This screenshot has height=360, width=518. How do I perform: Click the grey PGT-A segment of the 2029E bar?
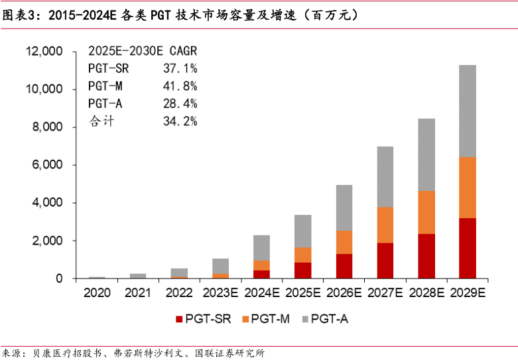pyautogui.click(x=468, y=111)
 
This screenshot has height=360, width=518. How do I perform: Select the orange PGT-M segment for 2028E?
pyautogui.click(x=426, y=212)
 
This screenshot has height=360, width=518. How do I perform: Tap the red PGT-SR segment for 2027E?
pyautogui.click(x=385, y=261)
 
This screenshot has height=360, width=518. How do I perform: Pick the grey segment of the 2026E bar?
pyautogui.click(x=344, y=208)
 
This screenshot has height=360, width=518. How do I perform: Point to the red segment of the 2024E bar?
pyautogui.click(x=261, y=274)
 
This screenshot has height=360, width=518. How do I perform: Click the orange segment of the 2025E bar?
pyautogui.click(x=302, y=255)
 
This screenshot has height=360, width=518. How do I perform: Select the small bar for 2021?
pyautogui.click(x=138, y=276)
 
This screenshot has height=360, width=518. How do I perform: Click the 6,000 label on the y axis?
pyautogui.click(x=46, y=165)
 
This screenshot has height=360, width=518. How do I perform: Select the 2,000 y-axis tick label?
pyautogui.click(x=46, y=241)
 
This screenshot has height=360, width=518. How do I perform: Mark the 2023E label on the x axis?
pyautogui.click(x=220, y=292)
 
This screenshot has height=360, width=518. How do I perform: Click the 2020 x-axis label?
pyautogui.click(x=97, y=292)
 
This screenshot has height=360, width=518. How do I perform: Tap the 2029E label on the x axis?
pyautogui.click(x=468, y=292)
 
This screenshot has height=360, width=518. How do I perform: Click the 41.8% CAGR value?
pyautogui.click(x=180, y=86)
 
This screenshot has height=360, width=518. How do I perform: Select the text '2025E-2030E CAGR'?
pyautogui.click(x=143, y=50)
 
